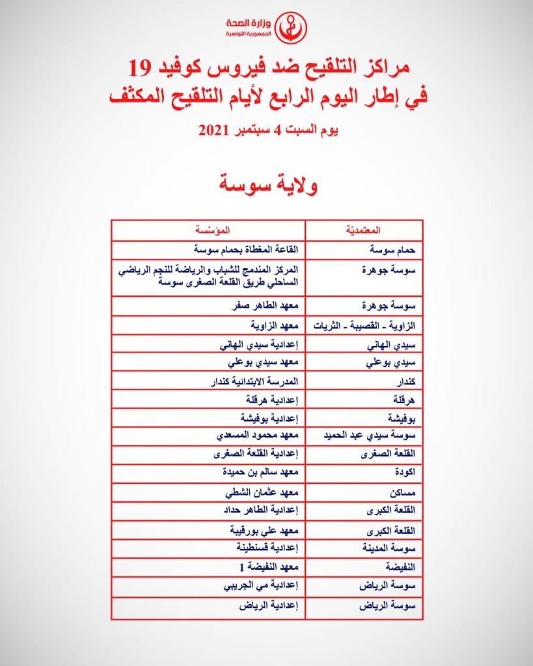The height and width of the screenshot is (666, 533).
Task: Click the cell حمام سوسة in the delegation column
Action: (371, 250)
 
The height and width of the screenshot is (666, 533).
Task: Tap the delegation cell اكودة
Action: (381, 475)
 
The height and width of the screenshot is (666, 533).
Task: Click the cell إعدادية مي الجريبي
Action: (249, 585)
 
